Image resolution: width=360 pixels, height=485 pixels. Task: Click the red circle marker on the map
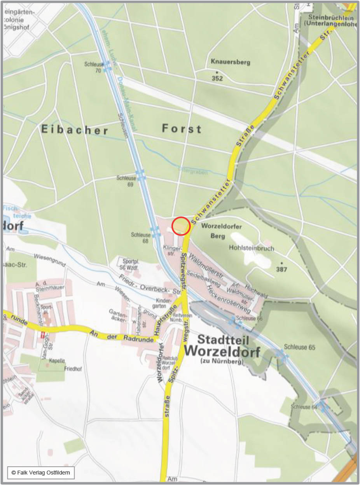[181, 226]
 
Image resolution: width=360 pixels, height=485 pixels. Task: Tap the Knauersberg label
[230, 62]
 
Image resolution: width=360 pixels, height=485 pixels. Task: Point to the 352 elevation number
[217, 79]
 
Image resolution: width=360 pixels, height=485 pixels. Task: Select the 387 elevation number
[281, 269]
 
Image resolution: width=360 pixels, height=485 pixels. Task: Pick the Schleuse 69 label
[125, 181]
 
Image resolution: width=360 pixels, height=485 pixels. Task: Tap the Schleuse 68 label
[140, 238]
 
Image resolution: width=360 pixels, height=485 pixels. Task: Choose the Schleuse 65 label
[299, 347]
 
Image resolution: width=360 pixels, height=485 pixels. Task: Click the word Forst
[182, 128]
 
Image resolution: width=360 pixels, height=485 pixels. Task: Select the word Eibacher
[75, 130]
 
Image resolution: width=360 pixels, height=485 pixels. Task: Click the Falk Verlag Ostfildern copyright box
[40, 472]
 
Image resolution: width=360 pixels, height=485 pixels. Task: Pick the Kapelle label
[57, 361]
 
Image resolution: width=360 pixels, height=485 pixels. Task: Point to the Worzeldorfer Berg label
[221, 231]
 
